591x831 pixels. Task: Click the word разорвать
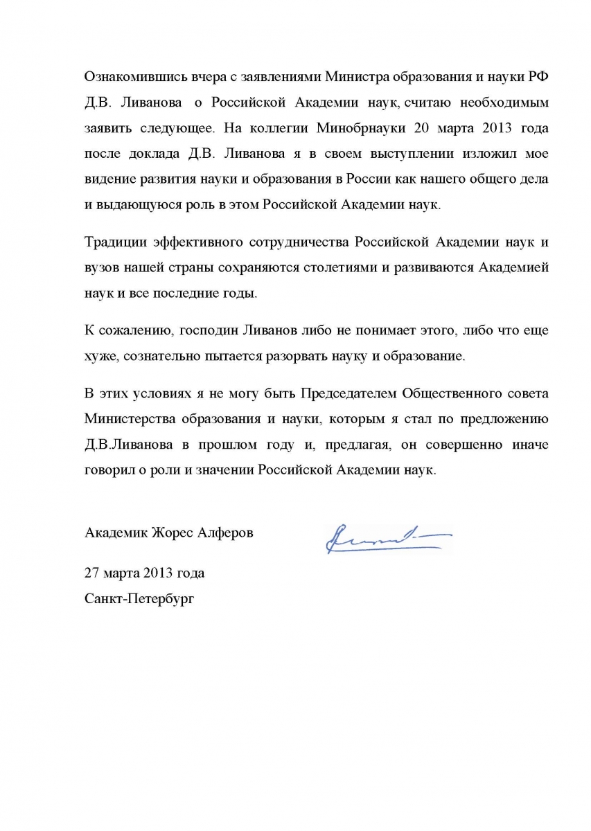308,357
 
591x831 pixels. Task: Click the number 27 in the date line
92,573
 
